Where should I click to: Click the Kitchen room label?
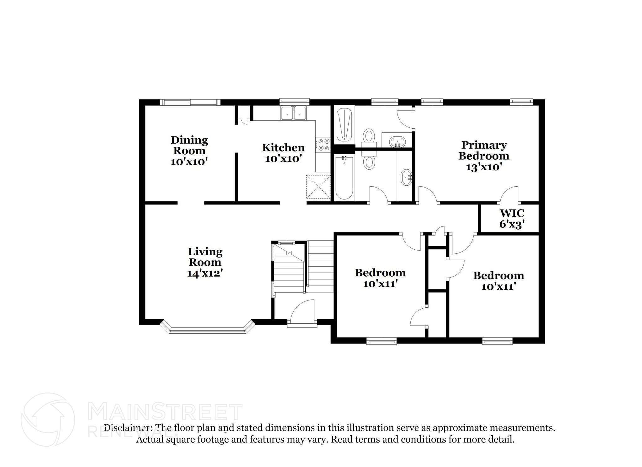coord(283,147)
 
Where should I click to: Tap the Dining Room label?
coord(189,145)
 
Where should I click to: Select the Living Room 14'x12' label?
coord(205,262)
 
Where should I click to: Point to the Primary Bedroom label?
coord(484,150)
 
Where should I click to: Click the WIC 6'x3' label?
coord(512,219)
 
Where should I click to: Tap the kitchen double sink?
coord(294,113)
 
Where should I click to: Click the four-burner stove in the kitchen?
coord(323,145)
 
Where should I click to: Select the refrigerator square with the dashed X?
coord(318,187)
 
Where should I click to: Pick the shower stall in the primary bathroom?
coord(344,125)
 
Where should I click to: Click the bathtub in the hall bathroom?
coord(344,178)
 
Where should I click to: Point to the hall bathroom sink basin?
coord(407,178)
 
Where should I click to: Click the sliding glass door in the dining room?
coord(190,102)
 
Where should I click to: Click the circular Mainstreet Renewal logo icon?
coord(48,419)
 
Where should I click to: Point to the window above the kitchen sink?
coord(294,102)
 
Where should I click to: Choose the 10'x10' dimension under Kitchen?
coord(283,159)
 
